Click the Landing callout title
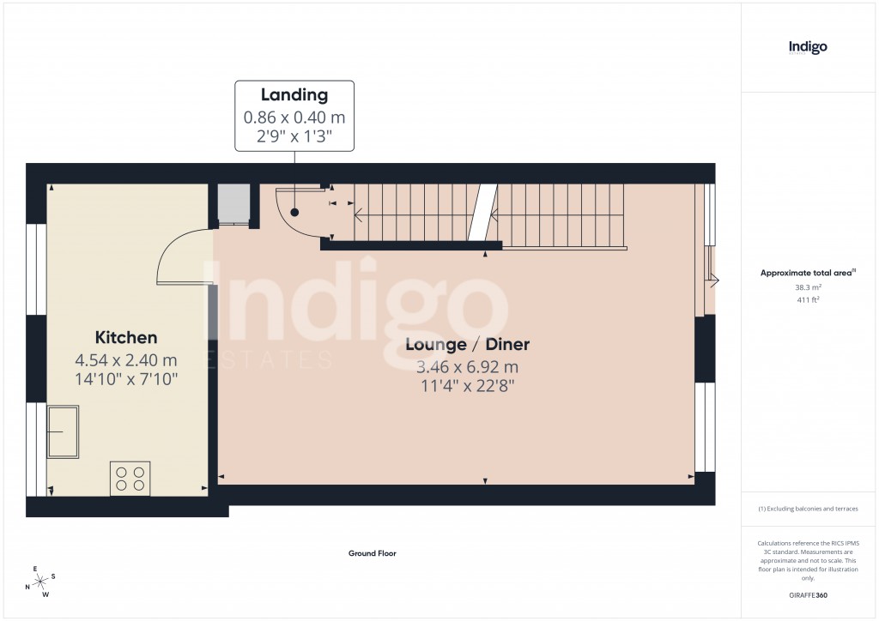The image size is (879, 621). coord(294,95)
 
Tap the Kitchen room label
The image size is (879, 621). coord(126,338)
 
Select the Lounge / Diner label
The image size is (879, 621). coord(467,345)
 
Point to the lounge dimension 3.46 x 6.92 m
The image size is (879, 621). coord(467,367)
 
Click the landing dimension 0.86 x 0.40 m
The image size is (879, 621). coord(294,118)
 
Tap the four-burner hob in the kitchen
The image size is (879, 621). coord(130,478)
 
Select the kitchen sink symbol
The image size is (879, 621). coord(64,431)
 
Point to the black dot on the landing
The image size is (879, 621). coord(294,212)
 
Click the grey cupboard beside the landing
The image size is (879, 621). coord(232,203)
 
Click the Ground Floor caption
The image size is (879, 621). coord(373,554)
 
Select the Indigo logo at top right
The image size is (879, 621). coord(808,48)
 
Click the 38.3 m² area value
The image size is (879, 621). coord(808,288)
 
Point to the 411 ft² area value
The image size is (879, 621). coord(808,300)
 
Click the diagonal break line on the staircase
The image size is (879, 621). coord(482,213)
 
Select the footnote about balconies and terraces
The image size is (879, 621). coord(808,509)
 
